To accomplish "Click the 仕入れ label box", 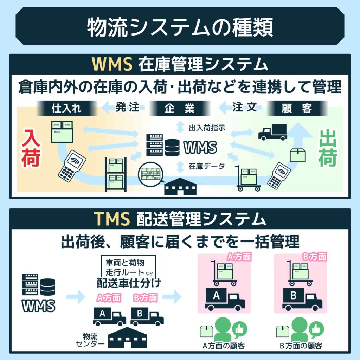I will [66, 108].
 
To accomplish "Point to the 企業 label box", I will [180, 108].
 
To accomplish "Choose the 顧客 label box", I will [297, 108].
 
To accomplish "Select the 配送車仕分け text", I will [126, 283].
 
